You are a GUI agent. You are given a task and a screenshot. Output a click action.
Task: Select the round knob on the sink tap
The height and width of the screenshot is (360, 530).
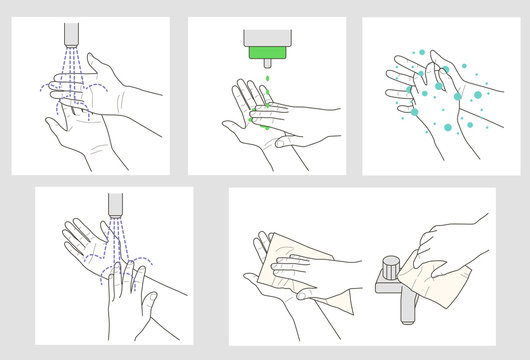[x=388, y=266]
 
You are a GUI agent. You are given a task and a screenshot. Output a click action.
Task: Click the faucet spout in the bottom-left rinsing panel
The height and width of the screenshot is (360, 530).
[x=116, y=203]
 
